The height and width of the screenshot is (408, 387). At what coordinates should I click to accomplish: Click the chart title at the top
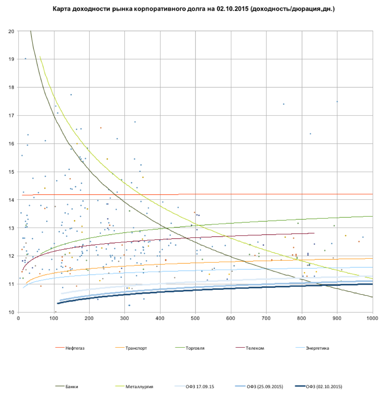193,8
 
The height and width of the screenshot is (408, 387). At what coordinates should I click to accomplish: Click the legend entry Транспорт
136,349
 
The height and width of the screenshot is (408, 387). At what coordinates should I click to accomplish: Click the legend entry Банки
72,387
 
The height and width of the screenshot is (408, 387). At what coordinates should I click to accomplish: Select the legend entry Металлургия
139,387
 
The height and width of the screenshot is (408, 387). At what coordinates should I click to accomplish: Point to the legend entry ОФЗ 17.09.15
199,387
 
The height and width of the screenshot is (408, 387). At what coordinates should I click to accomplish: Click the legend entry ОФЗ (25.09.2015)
265,387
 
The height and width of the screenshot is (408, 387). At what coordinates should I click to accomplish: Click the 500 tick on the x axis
195,318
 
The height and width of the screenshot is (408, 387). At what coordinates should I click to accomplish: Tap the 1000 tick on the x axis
372,318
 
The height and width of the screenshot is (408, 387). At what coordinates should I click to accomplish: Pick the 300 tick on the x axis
125,318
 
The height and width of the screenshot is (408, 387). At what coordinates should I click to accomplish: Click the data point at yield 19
25,59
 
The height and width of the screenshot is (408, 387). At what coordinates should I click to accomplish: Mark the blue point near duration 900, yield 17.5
337,102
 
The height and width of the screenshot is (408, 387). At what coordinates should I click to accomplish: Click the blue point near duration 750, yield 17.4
284,104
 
